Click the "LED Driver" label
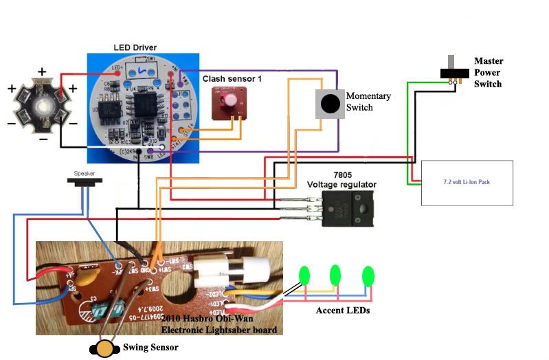(x=135, y=47)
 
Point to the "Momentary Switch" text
(x=369, y=102)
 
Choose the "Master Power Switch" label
(x=488, y=72)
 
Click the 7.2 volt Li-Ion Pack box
(x=467, y=183)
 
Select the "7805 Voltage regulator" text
(x=341, y=179)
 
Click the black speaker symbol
(x=85, y=181)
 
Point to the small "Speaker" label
(x=85, y=173)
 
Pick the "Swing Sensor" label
(x=150, y=348)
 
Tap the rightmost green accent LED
(x=368, y=276)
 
